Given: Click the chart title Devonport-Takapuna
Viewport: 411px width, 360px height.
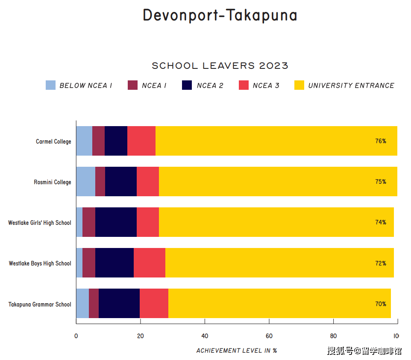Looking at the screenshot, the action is tap(220, 15).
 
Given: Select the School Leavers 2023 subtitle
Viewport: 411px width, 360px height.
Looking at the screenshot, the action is tap(220, 65).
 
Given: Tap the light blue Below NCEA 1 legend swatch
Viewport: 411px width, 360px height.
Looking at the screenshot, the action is tap(50, 85).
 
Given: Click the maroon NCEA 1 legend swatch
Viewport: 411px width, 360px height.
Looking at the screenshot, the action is tap(132, 85).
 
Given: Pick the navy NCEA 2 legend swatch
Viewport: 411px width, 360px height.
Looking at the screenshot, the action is tap(187, 85).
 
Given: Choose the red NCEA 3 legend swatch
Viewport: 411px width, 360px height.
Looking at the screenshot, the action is tap(244, 85).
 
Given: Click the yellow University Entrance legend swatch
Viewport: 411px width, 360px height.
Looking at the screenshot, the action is tap(299, 85).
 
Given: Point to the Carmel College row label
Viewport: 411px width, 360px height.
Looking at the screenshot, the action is tap(53, 142).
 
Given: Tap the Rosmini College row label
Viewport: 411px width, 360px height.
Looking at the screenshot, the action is tap(53, 182).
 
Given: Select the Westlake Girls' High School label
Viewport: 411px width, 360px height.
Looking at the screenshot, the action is tap(40, 223).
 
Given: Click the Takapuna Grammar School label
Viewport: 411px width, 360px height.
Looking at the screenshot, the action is tap(40, 304).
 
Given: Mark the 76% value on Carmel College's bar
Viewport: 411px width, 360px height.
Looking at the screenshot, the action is tap(381, 141).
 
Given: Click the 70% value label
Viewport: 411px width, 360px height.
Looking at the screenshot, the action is tap(381, 304).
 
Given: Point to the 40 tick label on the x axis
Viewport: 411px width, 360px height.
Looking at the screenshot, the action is tap(205, 336).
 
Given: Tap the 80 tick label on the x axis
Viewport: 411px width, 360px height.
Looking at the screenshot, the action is tap(333, 336).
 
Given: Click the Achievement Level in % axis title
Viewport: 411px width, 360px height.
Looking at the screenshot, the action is tap(237, 351).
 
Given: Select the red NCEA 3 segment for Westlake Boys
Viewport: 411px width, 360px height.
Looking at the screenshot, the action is tap(150, 263).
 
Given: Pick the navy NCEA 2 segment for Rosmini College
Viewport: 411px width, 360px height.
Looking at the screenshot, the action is tap(121, 181).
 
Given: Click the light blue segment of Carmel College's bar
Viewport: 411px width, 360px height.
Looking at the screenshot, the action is tap(84, 141).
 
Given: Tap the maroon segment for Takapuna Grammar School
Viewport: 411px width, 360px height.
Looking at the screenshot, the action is tap(94, 303).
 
